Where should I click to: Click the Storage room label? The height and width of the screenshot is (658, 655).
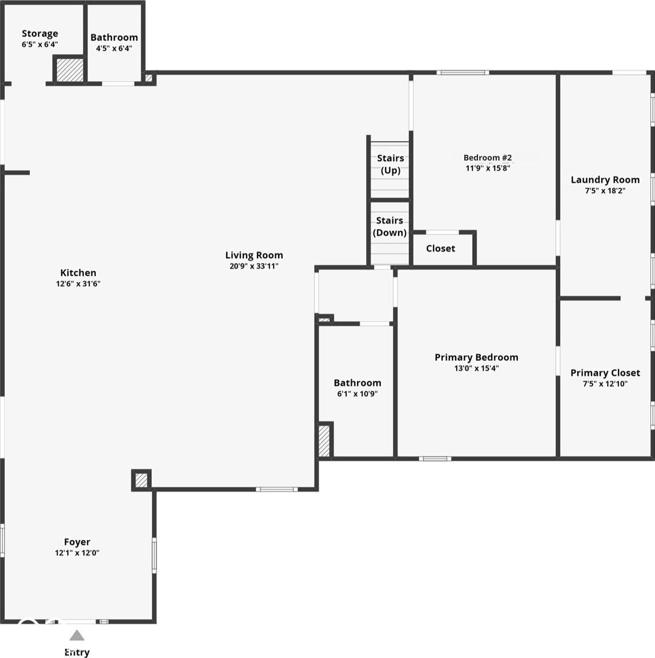click(x=40, y=33)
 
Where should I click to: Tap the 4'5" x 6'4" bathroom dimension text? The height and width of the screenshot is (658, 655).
click(x=114, y=48)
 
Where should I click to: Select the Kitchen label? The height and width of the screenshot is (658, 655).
click(x=78, y=273)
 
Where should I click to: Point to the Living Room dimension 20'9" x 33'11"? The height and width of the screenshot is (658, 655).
click(x=254, y=266)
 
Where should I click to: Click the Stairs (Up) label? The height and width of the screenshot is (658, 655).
click(x=390, y=164)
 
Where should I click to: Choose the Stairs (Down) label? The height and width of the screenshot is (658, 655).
click(x=390, y=227)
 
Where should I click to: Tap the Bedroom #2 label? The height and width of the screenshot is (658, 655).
click(x=488, y=158)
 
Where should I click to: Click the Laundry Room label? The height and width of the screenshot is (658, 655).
click(x=605, y=180)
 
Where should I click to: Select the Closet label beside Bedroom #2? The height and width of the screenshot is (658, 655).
click(x=441, y=248)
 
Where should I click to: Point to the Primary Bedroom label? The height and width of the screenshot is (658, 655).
click(x=476, y=358)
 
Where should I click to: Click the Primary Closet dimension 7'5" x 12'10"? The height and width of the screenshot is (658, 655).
click(x=605, y=384)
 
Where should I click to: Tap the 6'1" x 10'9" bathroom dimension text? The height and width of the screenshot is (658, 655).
click(x=357, y=394)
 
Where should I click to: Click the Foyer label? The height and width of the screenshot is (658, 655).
click(x=77, y=542)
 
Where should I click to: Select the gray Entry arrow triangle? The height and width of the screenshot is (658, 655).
click(x=77, y=635)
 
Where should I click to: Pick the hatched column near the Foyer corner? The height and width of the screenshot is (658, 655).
click(x=142, y=480)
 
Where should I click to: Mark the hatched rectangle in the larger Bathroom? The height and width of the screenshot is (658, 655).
click(x=324, y=441)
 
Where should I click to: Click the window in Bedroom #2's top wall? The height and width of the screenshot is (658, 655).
click(x=463, y=73)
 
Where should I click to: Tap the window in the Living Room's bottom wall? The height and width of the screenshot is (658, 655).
click(x=276, y=490)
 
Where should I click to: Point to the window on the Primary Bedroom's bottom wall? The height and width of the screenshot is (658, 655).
click(x=435, y=459)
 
